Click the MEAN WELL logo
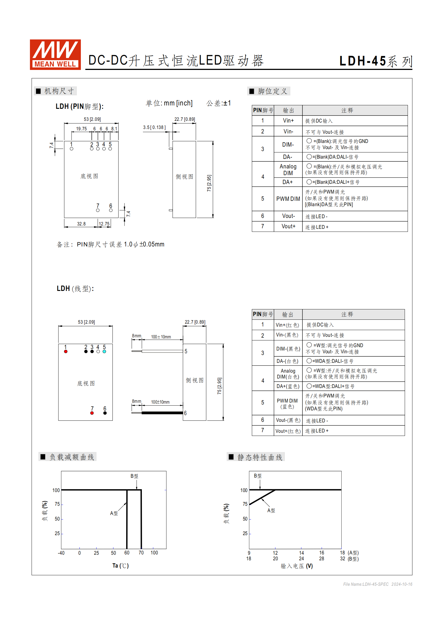55,55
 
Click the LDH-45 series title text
375,61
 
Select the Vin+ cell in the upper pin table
288,121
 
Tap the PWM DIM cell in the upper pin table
288,199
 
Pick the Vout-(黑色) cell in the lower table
288,420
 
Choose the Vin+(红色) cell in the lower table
288,325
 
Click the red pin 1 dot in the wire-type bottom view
66,352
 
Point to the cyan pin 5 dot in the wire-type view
104,352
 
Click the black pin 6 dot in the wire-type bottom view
105,413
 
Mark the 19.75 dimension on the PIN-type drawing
81,129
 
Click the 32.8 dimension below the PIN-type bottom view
81,224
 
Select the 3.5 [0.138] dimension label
154,127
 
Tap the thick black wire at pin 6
162,413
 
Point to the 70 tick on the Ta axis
141,553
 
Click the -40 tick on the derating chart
61,553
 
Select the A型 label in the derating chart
114,513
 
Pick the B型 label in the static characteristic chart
258,476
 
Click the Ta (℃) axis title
121,566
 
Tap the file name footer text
377,584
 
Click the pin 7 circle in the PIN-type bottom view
98,210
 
